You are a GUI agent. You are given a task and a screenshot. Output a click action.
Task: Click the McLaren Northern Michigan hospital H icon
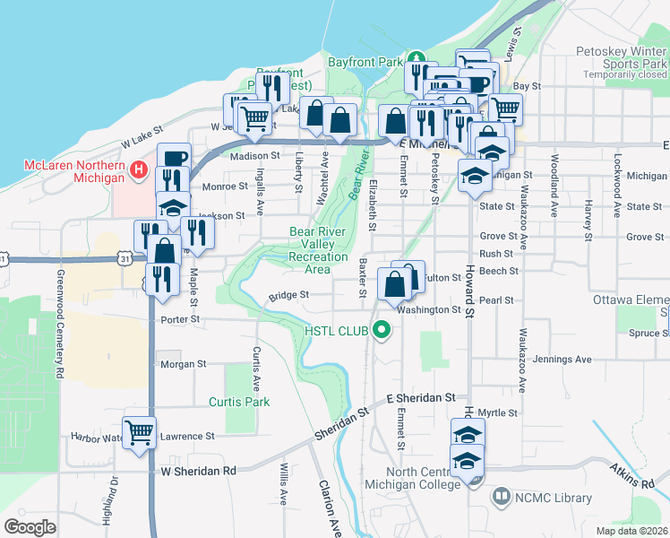tap(138, 169)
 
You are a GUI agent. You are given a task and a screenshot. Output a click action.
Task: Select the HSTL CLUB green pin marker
tap(383, 332)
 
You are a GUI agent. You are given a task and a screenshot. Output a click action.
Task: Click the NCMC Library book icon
tap(502, 496)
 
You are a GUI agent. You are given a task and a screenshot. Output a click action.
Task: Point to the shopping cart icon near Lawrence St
tap(139, 433)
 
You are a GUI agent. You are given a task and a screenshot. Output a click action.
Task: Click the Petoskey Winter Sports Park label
tap(622, 58)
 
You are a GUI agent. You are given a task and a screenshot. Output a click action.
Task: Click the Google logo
tap(30, 526)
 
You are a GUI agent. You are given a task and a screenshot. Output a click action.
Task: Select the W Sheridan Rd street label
tap(199, 471)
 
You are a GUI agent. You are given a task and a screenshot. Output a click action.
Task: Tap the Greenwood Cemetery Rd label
tap(61, 322)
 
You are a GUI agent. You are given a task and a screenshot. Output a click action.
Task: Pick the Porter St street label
tap(179, 319)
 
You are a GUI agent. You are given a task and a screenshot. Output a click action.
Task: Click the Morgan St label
tap(183, 365)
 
